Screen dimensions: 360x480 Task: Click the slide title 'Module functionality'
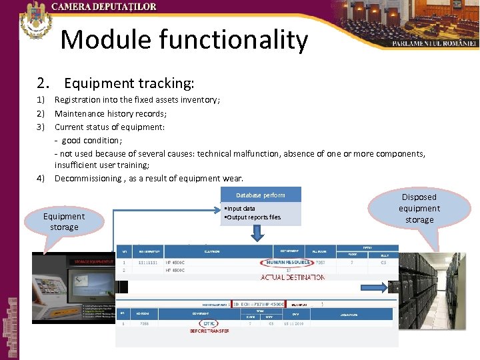click(x=184, y=41)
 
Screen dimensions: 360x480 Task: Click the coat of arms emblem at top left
click(x=35, y=20)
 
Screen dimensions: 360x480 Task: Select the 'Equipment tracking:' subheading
click(x=129, y=83)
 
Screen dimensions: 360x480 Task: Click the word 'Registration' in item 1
click(x=76, y=100)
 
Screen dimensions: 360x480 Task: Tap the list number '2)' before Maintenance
click(x=41, y=113)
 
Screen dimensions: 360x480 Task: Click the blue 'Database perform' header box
click(x=260, y=195)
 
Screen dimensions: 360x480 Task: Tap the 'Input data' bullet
click(x=241, y=209)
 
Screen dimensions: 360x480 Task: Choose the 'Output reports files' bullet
click(x=253, y=217)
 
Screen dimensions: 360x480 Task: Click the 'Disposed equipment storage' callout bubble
click(x=419, y=208)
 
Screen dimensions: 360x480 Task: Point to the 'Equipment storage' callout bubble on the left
click(x=64, y=221)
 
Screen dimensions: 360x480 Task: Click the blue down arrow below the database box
click(x=257, y=233)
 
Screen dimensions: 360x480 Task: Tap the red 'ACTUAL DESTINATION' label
click(x=293, y=277)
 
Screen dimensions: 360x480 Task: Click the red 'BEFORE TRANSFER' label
click(x=209, y=331)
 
